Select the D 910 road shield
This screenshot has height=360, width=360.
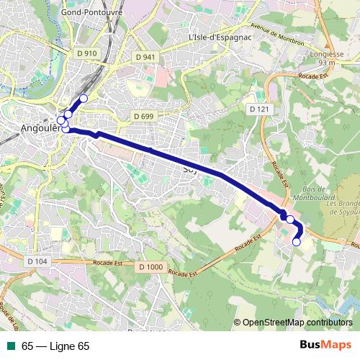[x=86, y=53]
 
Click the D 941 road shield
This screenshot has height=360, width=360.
[x=144, y=56]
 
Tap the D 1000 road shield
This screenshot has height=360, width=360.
[x=150, y=267]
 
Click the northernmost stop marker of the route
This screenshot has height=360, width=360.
[x=84, y=98]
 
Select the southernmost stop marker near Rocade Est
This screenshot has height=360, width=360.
[x=296, y=243]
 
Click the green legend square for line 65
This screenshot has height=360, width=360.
[x=12, y=346]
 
